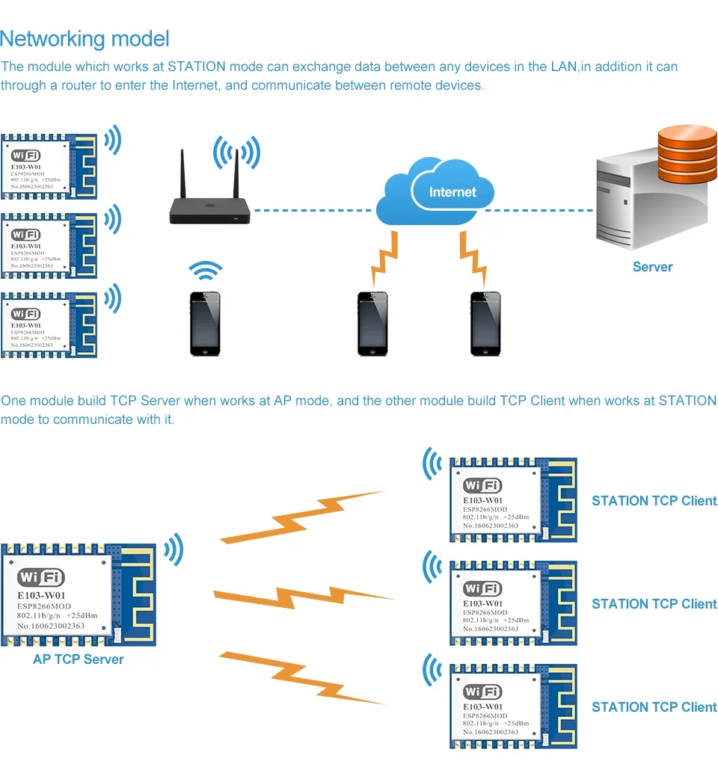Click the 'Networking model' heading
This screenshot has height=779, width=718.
85,39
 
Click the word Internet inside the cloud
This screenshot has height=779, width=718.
452,192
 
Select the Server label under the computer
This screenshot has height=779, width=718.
652,267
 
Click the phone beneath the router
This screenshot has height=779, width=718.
204,323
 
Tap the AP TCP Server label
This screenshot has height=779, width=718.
78,659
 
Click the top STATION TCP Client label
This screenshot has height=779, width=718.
654,501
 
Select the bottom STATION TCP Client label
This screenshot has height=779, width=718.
654,707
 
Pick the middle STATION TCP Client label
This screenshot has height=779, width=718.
654,604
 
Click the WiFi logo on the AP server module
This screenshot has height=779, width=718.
41,577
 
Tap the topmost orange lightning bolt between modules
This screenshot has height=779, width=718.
303,516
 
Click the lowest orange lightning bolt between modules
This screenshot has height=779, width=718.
303,677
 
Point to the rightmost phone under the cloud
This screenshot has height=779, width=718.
485,323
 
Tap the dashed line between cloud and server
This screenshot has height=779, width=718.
538,211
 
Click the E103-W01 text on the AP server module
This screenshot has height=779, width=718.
46,596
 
